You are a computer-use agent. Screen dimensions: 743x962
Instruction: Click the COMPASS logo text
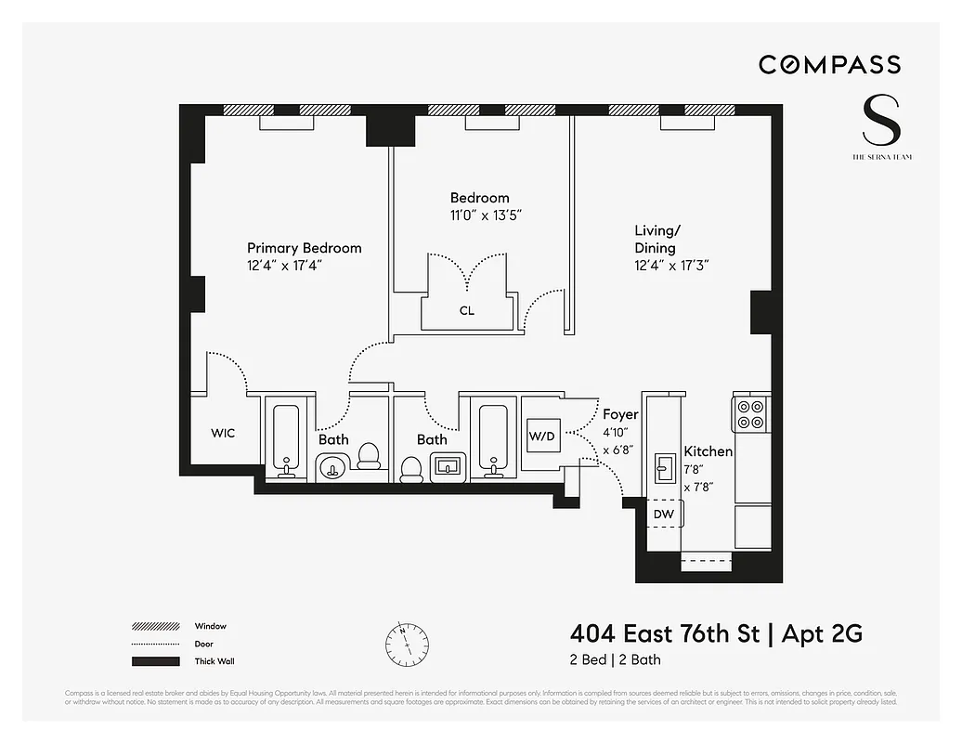coord(829,64)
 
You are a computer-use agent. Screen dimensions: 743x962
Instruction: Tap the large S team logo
coord(881,120)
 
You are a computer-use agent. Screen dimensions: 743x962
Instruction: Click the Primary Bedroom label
coord(304,248)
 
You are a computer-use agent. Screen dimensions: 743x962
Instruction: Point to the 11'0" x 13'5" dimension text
coord(479,215)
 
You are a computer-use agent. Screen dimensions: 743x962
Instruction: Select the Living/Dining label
coord(655,239)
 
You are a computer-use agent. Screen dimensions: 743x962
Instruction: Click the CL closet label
coord(466,311)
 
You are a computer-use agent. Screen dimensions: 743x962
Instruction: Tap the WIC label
coord(223,433)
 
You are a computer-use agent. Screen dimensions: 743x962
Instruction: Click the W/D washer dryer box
coord(540,436)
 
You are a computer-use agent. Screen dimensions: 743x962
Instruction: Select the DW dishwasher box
coord(663,514)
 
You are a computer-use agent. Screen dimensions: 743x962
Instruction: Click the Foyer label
coord(620,414)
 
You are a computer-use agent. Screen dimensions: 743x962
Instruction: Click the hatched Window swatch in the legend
coord(155,627)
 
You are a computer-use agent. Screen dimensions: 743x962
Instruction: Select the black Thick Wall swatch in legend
coord(155,661)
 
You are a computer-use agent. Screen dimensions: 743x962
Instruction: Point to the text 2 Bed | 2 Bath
coord(615,660)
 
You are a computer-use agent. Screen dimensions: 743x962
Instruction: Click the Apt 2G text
coord(822,634)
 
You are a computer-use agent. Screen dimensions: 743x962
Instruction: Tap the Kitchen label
coord(708,451)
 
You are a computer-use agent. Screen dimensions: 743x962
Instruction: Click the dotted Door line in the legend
coord(155,644)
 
